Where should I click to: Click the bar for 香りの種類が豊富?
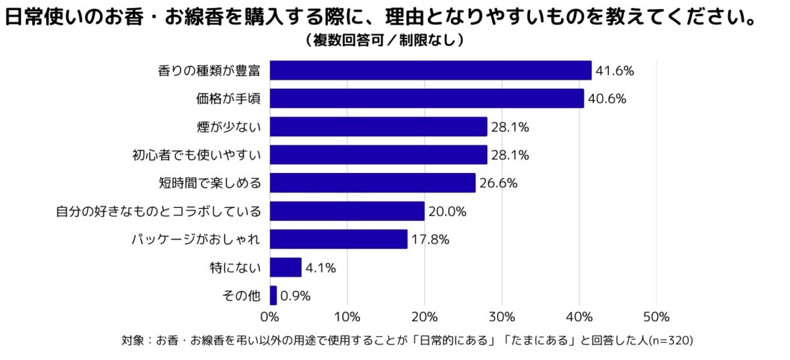click(431, 70)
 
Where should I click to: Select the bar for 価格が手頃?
click(427, 99)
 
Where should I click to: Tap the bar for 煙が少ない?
click(379, 126)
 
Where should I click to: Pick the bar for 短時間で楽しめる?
click(373, 183)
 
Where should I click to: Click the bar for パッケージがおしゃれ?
click(338, 240)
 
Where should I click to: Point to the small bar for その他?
click(273, 296)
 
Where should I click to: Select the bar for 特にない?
click(286, 267)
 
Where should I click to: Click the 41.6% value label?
click(614, 71)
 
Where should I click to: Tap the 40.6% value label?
click(606, 99)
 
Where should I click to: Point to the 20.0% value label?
click(447, 211)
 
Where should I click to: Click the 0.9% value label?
click(295, 296)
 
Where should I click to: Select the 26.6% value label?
click(498, 184)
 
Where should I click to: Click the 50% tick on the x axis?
click(656, 317)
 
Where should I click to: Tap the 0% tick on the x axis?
click(270, 317)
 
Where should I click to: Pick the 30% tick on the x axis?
click(502, 317)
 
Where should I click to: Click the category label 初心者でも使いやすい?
click(197, 155)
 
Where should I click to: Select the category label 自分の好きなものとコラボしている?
click(158, 212)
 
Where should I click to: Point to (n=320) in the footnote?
click(671, 341)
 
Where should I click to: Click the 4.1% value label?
click(321, 268)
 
